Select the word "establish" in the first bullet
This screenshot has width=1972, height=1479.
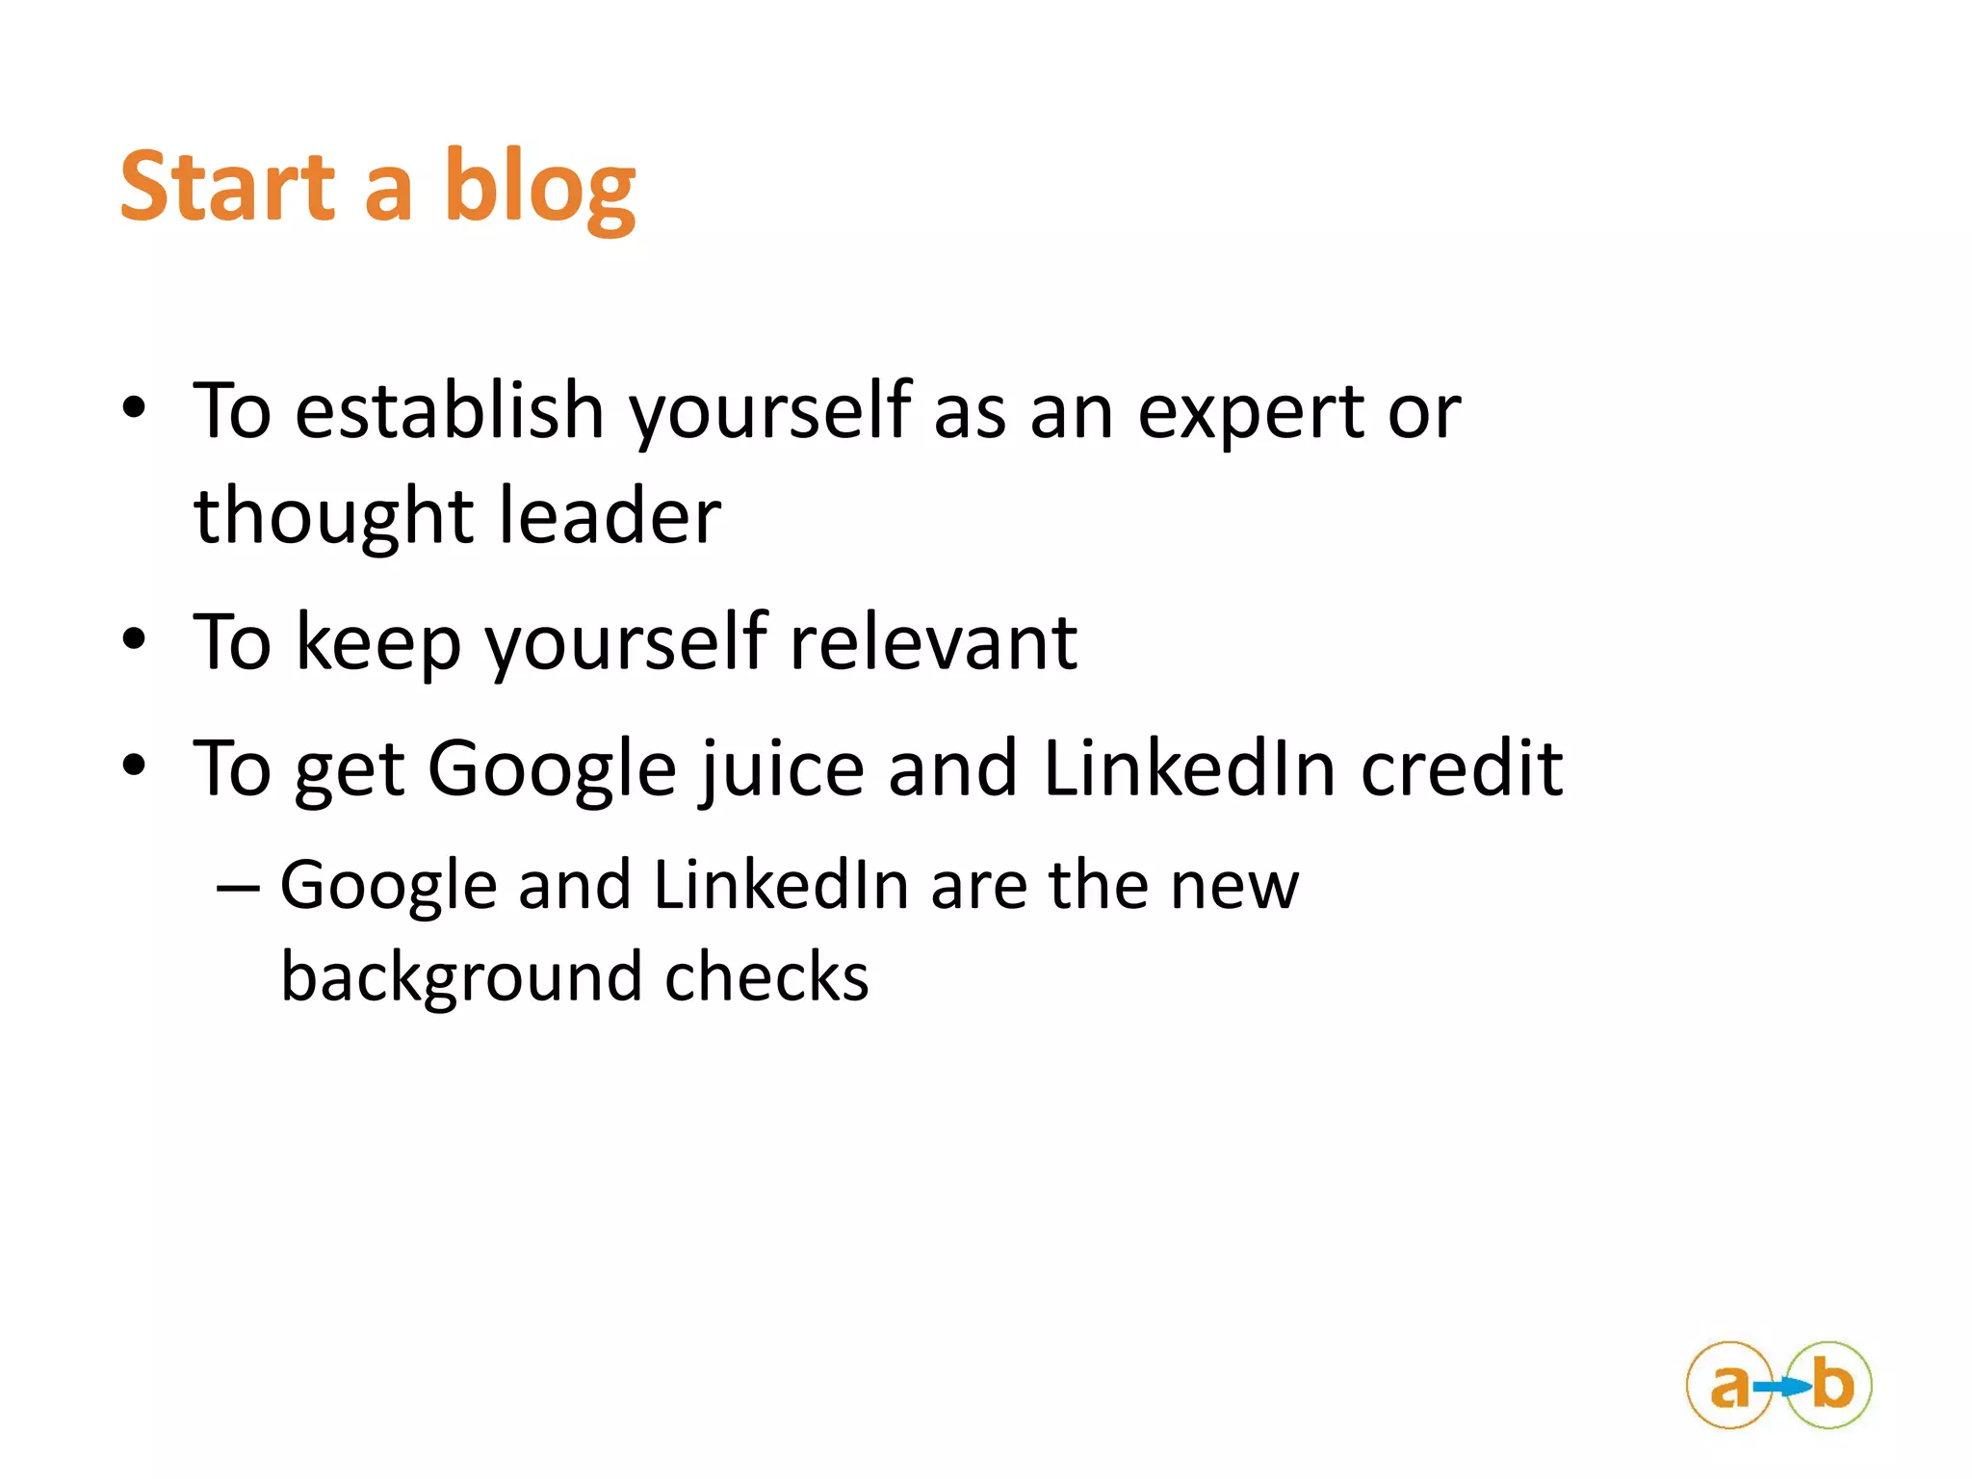(x=450, y=411)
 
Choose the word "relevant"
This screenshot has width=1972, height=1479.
(x=933, y=642)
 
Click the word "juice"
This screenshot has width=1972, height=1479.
(x=782, y=769)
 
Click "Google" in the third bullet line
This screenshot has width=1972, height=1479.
(x=552, y=769)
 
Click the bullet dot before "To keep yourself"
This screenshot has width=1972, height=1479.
(x=134, y=638)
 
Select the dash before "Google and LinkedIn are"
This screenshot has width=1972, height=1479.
(x=238, y=886)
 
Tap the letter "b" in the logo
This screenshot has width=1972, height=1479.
(x=1832, y=1385)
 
